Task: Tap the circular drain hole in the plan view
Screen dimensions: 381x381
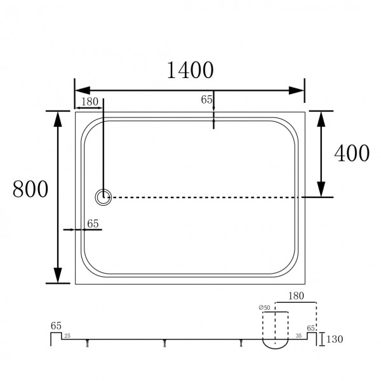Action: (103, 197)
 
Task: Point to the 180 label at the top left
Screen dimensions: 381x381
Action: (90, 102)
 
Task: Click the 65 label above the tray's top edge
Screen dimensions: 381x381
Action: (206, 99)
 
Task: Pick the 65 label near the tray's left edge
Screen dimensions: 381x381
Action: (92, 223)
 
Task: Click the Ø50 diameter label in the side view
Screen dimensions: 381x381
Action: (264, 308)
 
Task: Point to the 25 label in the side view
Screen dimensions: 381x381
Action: (67, 335)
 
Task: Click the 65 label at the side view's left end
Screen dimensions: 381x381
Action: (56, 326)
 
